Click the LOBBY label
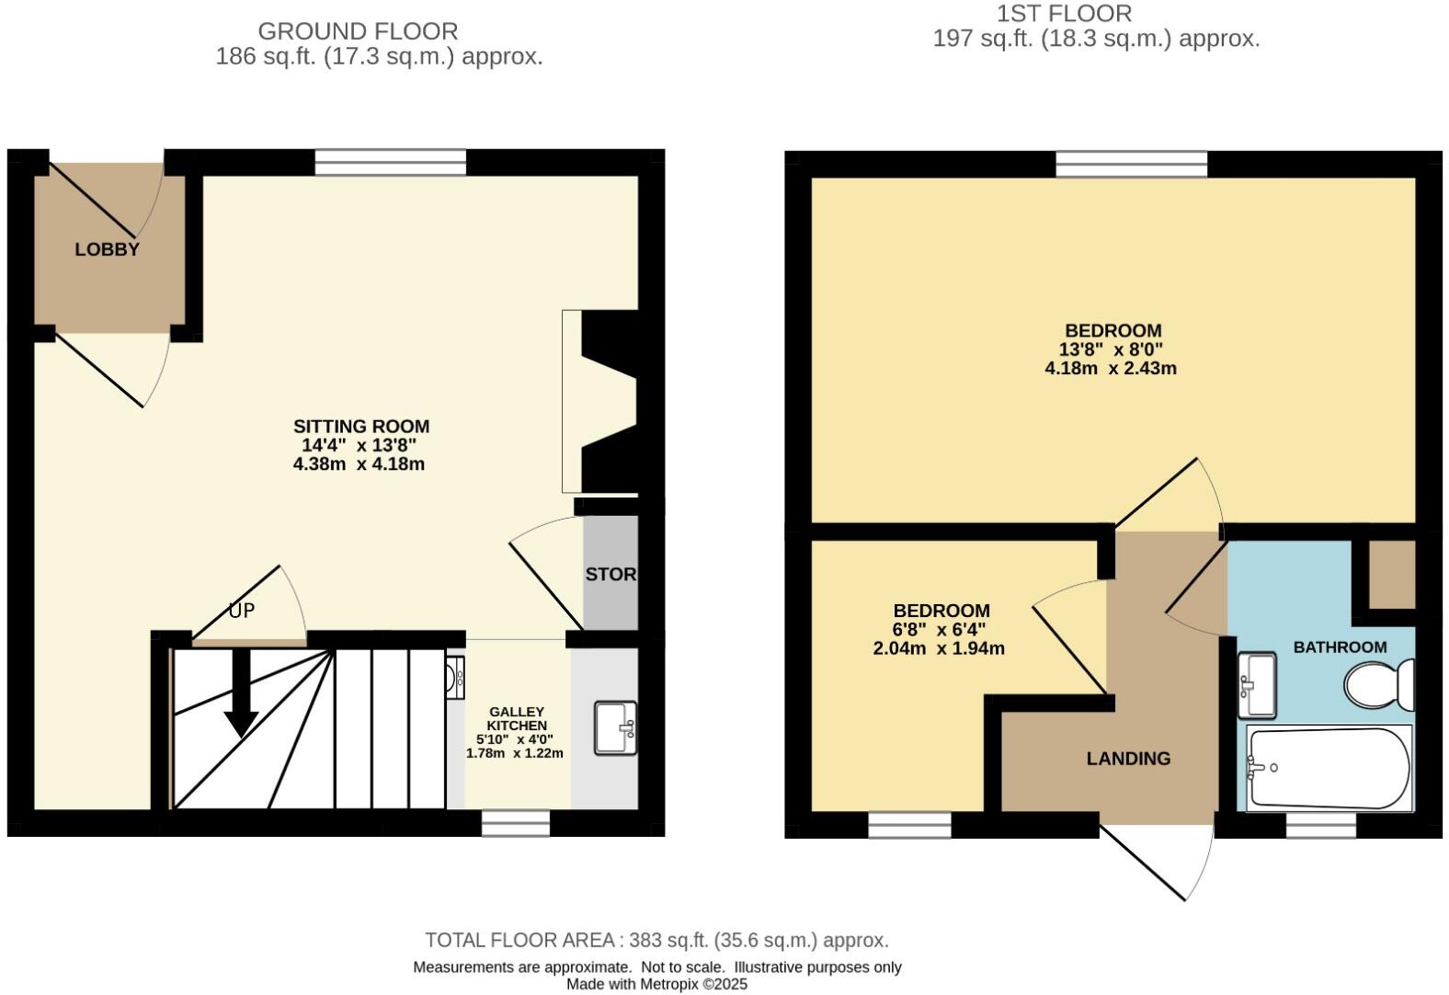tap(107, 249)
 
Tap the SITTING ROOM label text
tap(361, 427)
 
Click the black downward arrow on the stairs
tap(241, 695)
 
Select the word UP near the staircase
tap(242, 611)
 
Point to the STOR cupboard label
tap(610, 574)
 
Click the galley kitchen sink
tap(615, 727)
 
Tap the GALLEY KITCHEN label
tap(516, 718)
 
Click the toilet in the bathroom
tap(1379, 684)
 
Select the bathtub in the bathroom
tap(1328, 767)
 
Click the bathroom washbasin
tap(1257, 684)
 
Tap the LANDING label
tap(1128, 759)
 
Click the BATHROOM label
tap(1340, 647)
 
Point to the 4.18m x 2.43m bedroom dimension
tap(1111, 369)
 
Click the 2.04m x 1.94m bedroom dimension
tap(938, 648)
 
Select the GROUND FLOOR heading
tap(358, 31)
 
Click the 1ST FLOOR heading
tap(1064, 14)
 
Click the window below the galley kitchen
tap(517, 823)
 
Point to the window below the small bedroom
tap(909, 825)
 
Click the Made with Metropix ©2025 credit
tap(656, 984)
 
